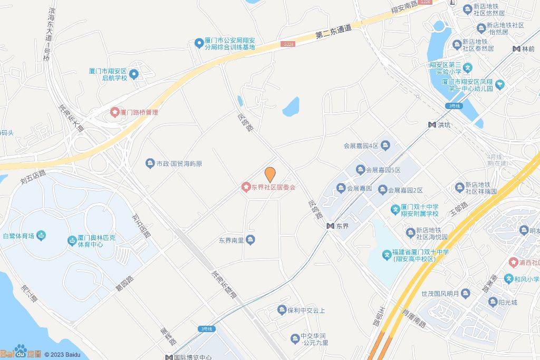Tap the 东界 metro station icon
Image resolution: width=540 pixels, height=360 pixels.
(x=330, y=226)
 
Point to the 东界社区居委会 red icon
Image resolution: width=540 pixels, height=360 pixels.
(x=246, y=187)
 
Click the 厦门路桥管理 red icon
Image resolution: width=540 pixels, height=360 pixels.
(x=114, y=112)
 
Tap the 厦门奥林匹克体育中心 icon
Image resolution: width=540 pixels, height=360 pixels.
(x=72, y=241)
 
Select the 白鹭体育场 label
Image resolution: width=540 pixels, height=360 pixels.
(x=18, y=236)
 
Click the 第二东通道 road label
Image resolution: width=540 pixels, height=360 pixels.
(x=333, y=31)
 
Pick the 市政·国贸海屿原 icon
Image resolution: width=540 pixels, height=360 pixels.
(x=150, y=164)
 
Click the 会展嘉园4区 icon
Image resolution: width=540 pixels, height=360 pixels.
(x=385, y=145)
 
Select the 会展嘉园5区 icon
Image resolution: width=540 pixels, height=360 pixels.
(x=361, y=170)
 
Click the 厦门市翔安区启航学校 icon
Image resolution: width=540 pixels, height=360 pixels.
(x=134, y=74)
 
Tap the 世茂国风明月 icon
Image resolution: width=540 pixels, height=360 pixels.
(x=465, y=293)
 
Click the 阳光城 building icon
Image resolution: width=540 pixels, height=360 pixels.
(x=493, y=302)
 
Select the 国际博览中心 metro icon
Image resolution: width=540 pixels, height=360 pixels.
(x=169, y=357)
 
